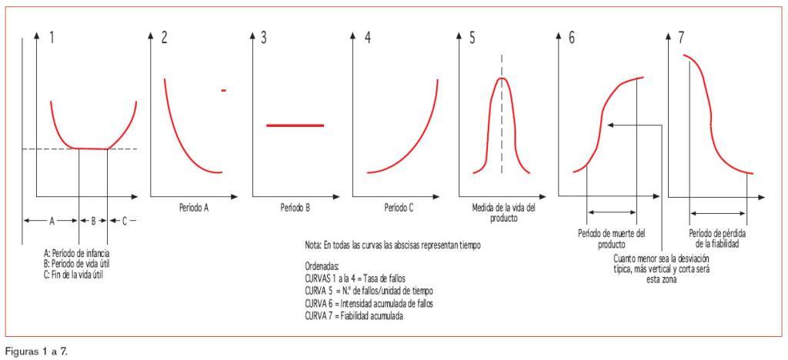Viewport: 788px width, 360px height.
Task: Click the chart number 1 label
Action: click(52, 38)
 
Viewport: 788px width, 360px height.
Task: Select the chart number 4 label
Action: click(368, 38)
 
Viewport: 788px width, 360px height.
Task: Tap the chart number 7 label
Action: click(679, 38)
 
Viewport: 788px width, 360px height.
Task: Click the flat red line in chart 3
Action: click(295, 125)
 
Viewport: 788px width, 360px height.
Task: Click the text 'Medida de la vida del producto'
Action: click(501, 213)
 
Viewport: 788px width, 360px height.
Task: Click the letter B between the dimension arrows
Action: click(93, 220)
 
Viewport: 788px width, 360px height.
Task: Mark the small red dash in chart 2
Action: click(223, 91)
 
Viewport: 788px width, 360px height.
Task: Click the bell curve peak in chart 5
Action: click(502, 78)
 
